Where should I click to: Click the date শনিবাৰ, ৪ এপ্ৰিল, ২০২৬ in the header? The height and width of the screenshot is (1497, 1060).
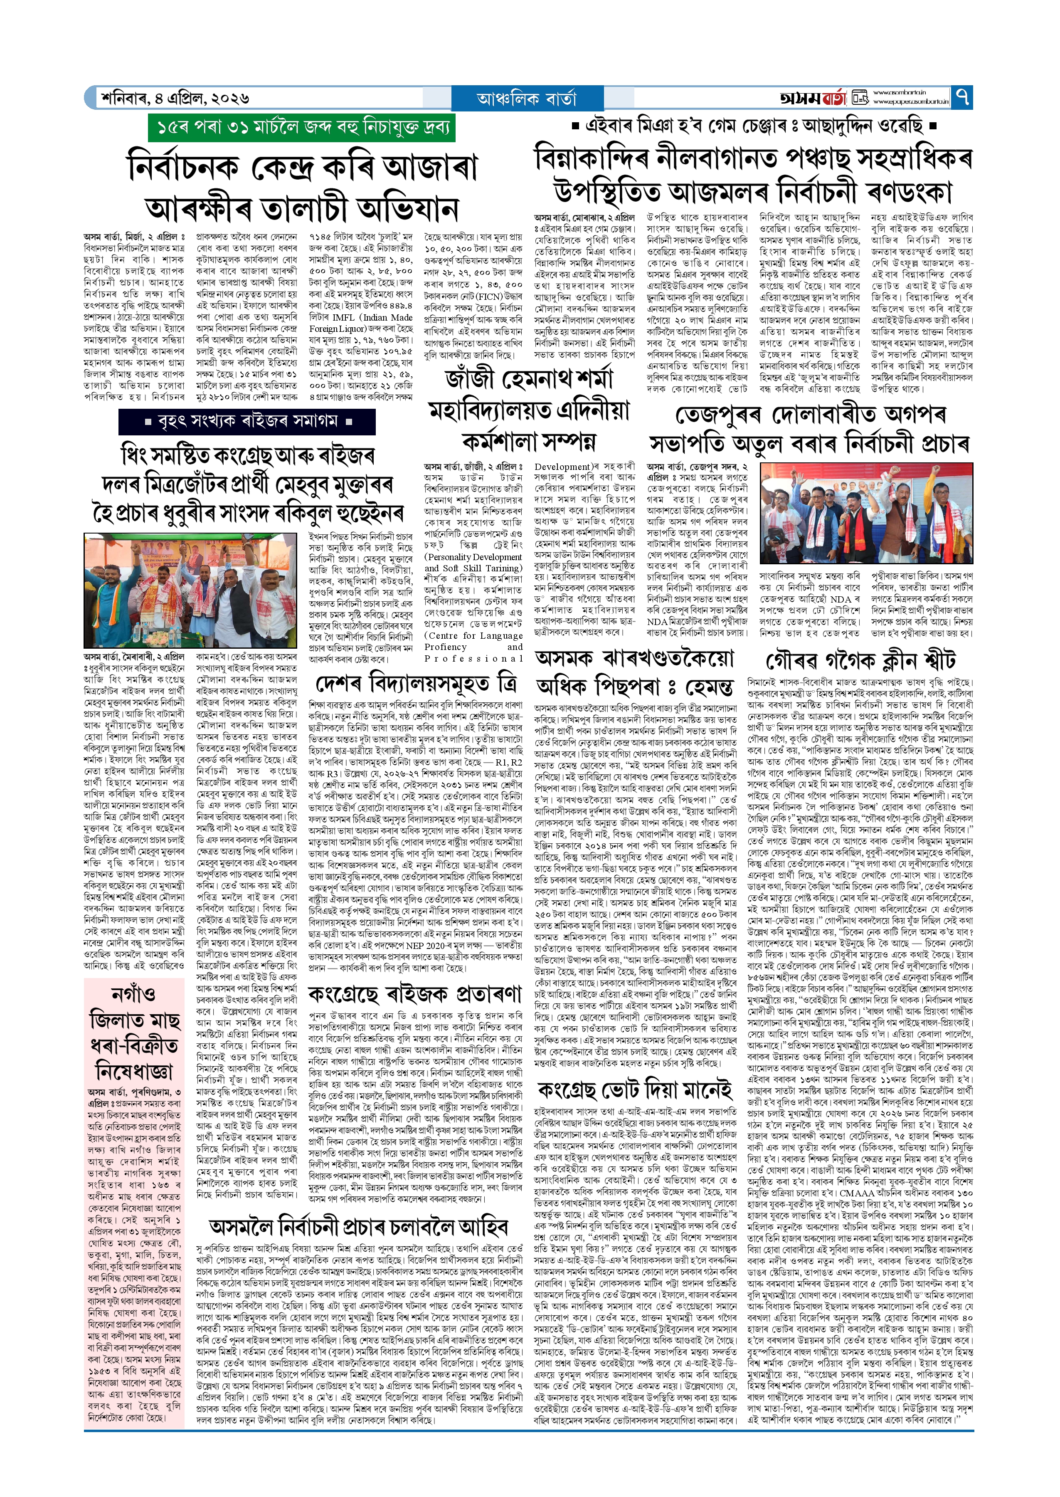click(x=175, y=99)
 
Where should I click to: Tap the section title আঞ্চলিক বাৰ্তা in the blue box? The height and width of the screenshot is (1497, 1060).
click(x=527, y=99)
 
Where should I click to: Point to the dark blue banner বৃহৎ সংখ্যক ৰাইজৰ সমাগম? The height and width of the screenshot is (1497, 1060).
click(x=247, y=421)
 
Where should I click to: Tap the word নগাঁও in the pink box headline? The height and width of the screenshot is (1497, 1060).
click(x=134, y=994)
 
